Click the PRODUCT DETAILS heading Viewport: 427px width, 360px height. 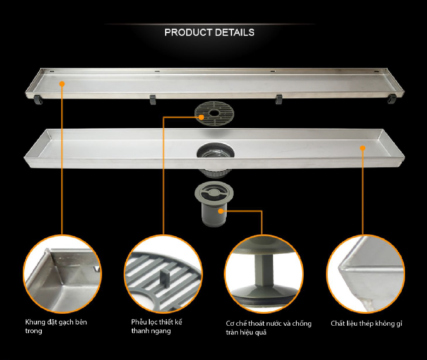point(209,32)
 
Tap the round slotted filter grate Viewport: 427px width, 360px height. point(214,114)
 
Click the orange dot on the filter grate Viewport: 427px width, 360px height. point(201,117)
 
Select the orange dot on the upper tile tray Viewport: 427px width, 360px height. point(62,84)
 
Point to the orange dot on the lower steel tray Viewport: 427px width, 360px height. point(362,148)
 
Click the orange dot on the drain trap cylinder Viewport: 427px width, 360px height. point(221,211)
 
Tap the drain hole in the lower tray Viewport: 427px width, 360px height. point(216,151)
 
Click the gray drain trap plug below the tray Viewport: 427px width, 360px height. point(214,203)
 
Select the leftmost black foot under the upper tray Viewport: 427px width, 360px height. point(38,99)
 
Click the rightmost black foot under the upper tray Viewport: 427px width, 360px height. point(392,99)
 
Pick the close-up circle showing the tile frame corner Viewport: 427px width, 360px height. point(62,274)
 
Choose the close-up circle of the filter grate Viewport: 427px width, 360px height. point(163,274)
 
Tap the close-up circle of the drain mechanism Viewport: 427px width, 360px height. point(264,274)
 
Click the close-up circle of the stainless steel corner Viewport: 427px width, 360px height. point(365,274)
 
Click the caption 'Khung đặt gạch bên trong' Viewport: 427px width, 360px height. point(56,326)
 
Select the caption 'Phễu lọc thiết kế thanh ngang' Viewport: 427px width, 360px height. point(156,326)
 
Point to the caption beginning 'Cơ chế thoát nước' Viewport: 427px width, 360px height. point(269,328)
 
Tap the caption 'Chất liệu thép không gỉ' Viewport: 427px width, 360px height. point(367,324)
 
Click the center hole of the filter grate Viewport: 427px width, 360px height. point(214,112)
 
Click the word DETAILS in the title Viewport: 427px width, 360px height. point(235,32)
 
